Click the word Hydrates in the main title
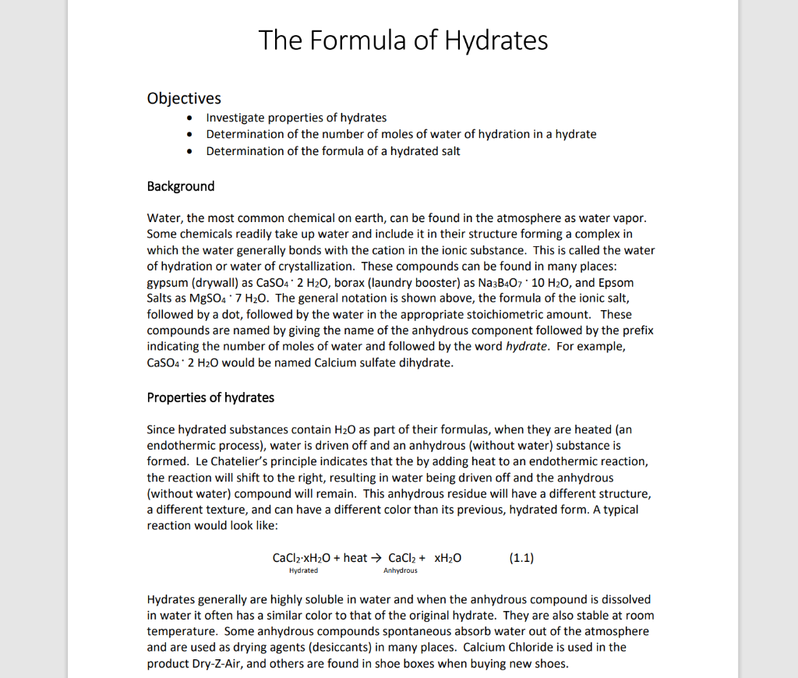pos(496,40)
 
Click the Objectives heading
pos(184,98)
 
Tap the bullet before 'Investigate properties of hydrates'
pos(191,118)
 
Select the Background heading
pos(180,185)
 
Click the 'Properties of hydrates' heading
pos(210,397)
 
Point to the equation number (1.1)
pos(521,558)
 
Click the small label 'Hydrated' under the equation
pos(303,571)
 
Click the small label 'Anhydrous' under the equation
pos(400,571)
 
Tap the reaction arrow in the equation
pos(376,558)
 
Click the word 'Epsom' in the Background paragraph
pos(616,282)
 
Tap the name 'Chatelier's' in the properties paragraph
pos(233,461)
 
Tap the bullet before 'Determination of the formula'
pos(191,151)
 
